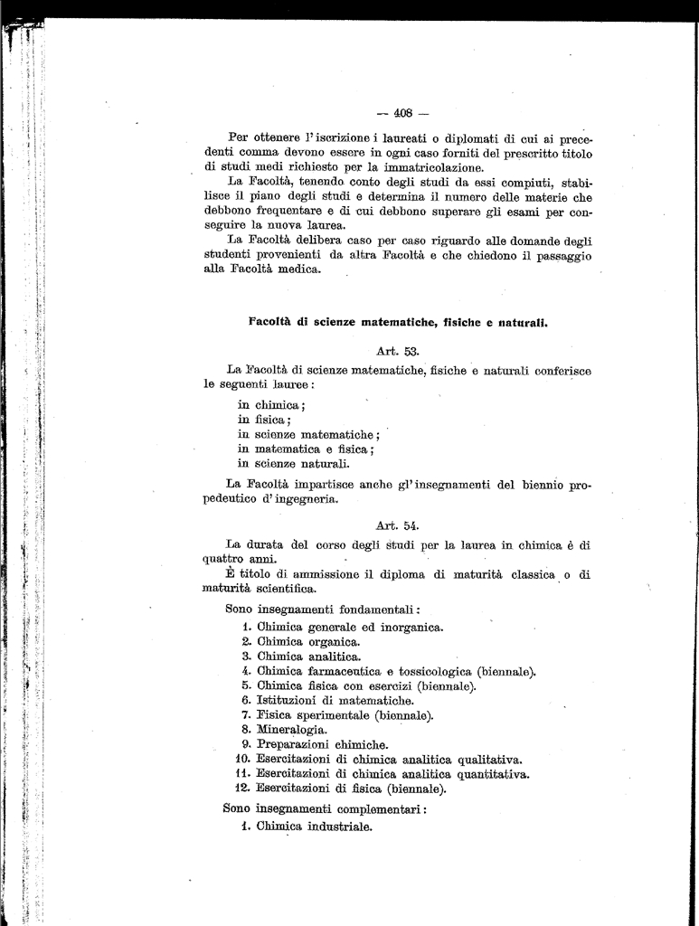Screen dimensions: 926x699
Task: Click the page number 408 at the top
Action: (398, 113)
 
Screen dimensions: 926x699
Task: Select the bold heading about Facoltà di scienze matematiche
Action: (398, 321)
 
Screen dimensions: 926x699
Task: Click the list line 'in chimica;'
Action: (271, 405)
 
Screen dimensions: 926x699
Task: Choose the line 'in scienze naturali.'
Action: (293, 463)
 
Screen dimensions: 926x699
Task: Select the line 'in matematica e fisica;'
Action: (306, 449)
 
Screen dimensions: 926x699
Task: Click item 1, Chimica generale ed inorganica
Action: (344, 627)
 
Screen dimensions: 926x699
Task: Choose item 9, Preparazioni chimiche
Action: (316, 744)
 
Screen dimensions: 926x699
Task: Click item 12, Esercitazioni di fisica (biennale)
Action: (344, 788)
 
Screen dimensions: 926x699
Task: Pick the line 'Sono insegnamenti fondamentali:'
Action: (323, 609)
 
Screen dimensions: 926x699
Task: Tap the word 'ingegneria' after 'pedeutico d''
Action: (308, 499)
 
